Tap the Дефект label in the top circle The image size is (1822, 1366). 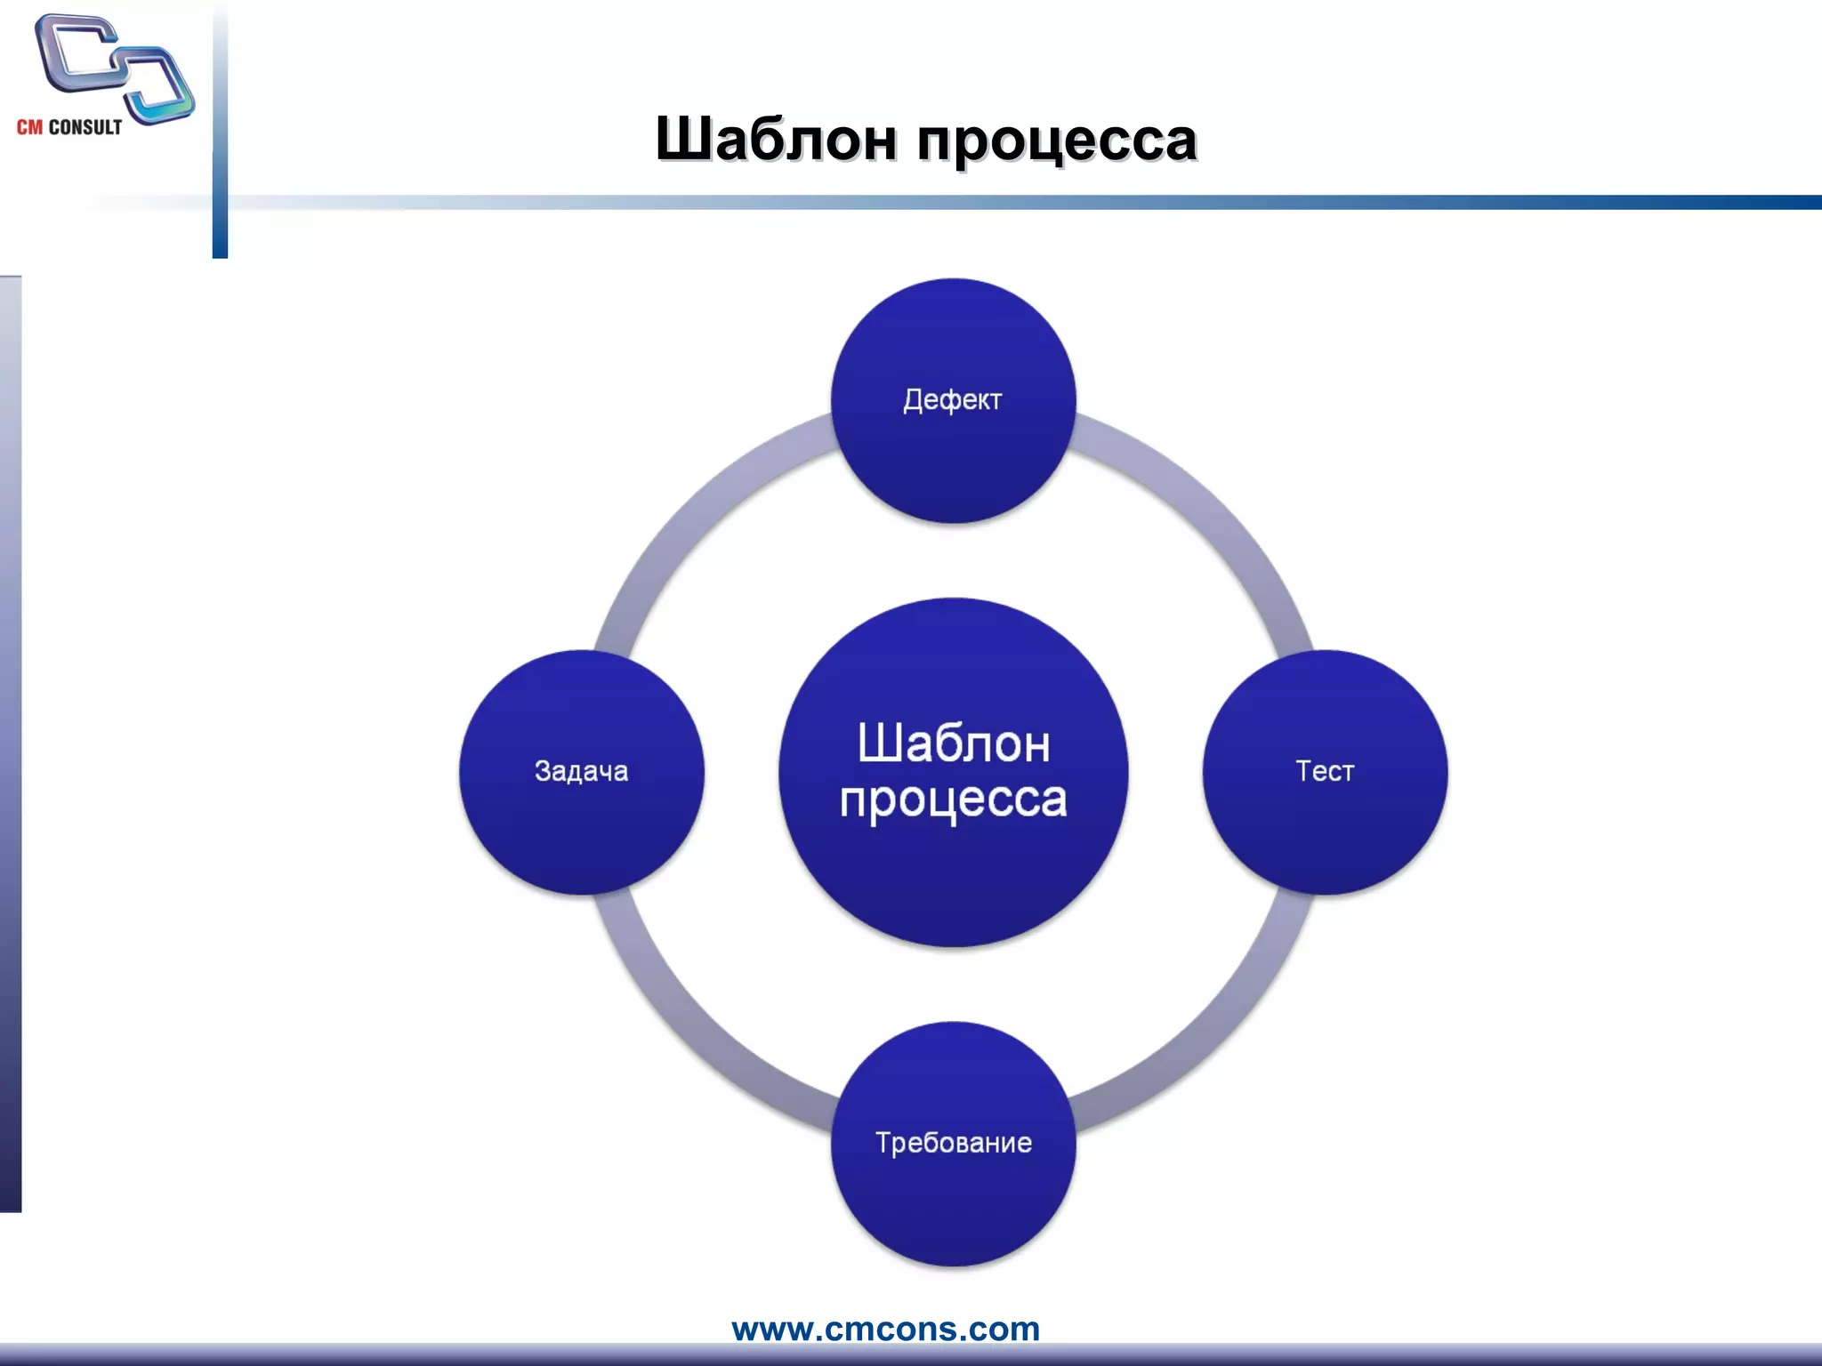tap(952, 400)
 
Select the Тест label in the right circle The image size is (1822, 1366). tap(1324, 771)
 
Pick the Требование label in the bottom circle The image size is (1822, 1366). tap(953, 1143)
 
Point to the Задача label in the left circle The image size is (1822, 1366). tap(581, 771)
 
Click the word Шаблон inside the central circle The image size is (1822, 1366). tap(954, 743)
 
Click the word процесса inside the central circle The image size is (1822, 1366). tap(953, 800)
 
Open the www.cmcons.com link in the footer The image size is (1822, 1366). tap(885, 1329)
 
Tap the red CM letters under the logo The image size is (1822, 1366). tap(29, 127)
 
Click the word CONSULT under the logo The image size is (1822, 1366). tap(85, 127)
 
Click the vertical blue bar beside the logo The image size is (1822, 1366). tap(220, 133)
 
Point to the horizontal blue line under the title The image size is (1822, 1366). tap(1068, 203)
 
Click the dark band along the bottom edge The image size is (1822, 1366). tap(911, 1354)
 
